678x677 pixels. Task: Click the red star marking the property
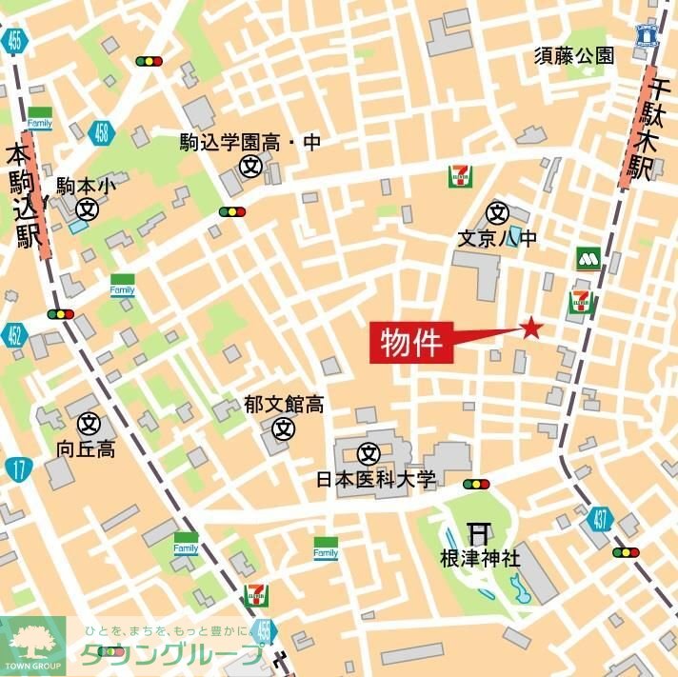pyautogui.click(x=530, y=329)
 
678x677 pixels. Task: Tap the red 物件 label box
pyautogui.click(x=412, y=343)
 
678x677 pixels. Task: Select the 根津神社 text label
pyautogui.click(x=480, y=558)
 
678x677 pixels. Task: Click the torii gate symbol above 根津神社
pyautogui.click(x=478, y=533)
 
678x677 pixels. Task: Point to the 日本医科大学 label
pyautogui.click(x=375, y=480)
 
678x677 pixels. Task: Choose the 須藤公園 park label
pyautogui.click(x=573, y=55)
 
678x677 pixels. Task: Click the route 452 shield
pyautogui.click(x=14, y=335)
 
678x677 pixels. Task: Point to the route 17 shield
pyautogui.click(x=17, y=468)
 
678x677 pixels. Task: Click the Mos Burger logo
pyautogui.click(x=588, y=258)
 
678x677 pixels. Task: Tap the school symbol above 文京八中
pyautogui.click(x=497, y=211)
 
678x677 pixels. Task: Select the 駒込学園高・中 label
pyautogui.click(x=251, y=143)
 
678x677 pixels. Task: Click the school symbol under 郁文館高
pyautogui.click(x=283, y=428)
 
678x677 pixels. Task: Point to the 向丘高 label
pyautogui.click(x=86, y=448)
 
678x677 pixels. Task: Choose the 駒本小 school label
pyautogui.click(x=86, y=186)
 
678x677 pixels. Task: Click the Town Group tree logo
pyautogui.click(x=32, y=641)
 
